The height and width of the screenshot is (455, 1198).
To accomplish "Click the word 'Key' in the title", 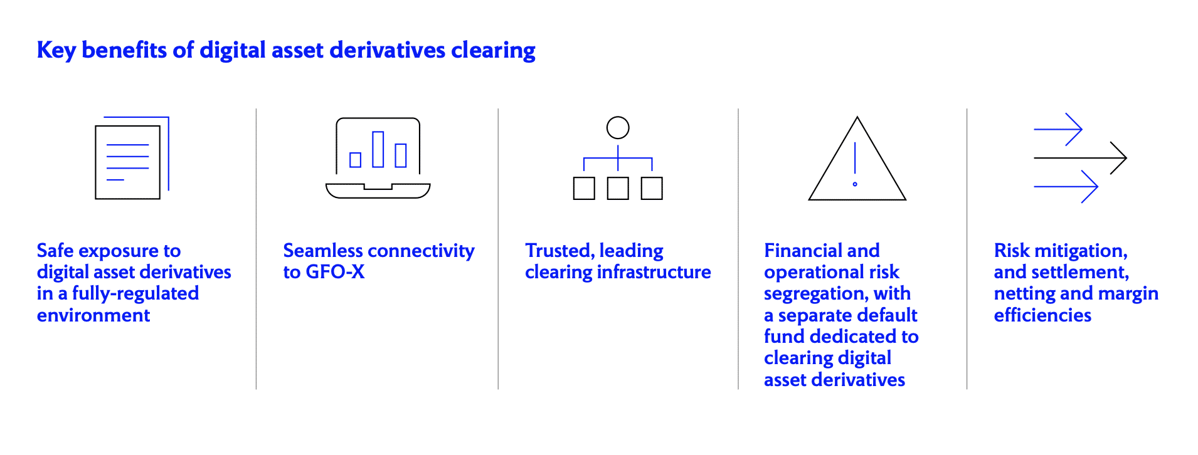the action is coord(56,50).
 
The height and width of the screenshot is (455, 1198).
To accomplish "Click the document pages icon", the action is coord(132,158).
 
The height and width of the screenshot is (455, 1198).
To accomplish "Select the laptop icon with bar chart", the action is coord(378,158).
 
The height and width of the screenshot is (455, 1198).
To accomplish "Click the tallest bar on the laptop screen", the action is coord(378,149).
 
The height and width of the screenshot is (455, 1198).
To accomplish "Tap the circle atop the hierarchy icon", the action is coord(618,128).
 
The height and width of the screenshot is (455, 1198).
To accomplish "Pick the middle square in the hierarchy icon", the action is coord(618,189).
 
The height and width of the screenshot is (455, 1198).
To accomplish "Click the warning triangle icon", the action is coord(857,158).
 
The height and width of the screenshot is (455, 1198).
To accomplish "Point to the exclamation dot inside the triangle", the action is coord(855,184).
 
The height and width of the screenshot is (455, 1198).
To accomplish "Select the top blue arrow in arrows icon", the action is coord(1058,129).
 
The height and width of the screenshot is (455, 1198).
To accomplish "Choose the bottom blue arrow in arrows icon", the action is coord(1066,186).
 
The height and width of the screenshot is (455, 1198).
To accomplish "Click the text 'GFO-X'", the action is coord(335,272).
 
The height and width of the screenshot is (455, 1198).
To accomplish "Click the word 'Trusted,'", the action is coord(559,251).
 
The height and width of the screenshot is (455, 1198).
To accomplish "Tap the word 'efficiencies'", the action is coord(1042,315).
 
